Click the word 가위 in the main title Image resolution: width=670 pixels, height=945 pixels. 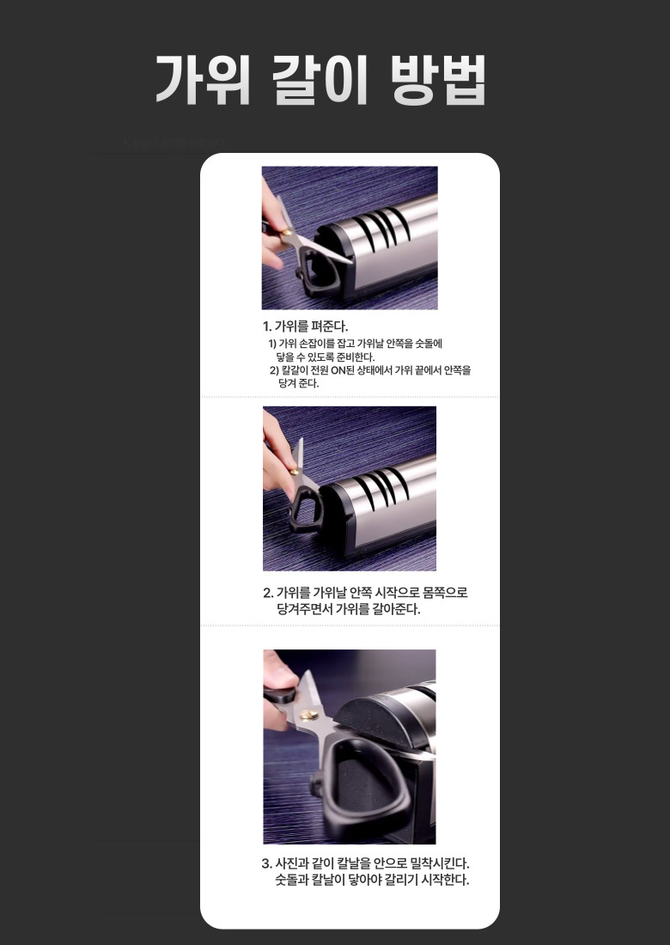(203, 80)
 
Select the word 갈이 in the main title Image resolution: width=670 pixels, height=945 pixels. (320, 80)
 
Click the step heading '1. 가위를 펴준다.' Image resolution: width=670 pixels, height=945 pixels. (306, 326)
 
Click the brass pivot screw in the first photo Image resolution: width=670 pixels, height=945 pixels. (287, 231)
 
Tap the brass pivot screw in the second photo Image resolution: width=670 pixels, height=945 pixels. (295, 471)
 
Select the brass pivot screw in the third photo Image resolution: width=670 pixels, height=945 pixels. (309, 715)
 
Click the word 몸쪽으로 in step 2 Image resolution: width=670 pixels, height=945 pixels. (445, 593)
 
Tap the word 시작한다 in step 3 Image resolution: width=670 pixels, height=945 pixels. (445, 880)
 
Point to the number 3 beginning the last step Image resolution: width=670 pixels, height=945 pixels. (265, 863)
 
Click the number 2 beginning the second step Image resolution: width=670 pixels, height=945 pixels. (267, 593)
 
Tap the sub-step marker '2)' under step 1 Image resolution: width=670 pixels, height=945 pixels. (274, 370)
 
